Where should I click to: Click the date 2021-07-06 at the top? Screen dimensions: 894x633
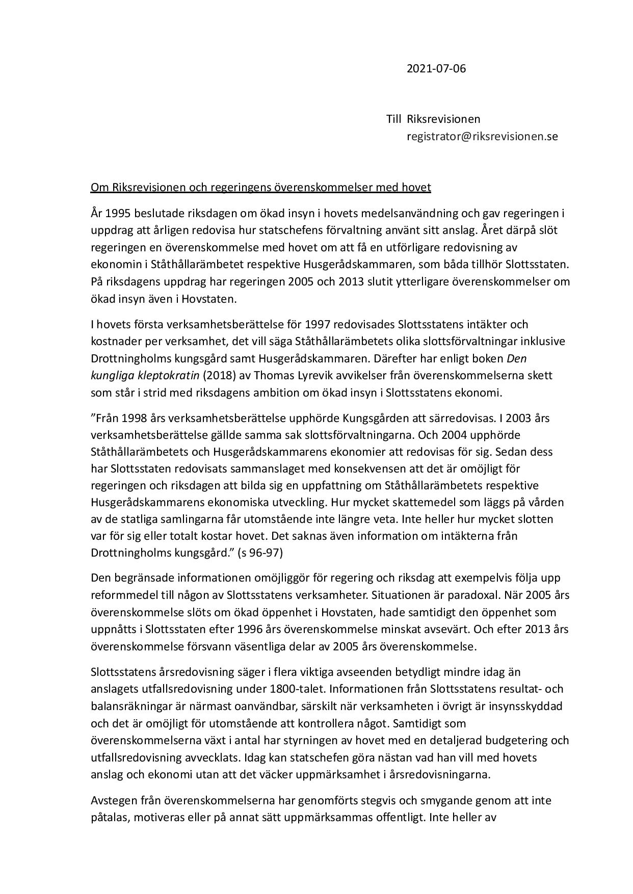click(x=436, y=68)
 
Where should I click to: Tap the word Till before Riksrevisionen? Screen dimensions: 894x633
click(x=394, y=119)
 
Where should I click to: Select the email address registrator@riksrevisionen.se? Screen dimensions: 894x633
click(x=482, y=137)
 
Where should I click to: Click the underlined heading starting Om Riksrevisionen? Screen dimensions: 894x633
click(x=260, y=188)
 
